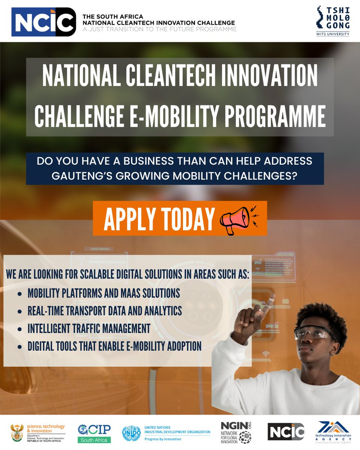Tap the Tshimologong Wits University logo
(x=333, y=21)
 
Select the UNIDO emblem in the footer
(x=131, y=433)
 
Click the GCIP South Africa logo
(x=94, y=433)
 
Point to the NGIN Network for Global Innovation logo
(x=236, y=432)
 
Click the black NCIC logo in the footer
(x=286, y=432)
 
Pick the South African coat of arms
(x=17, y=433)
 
